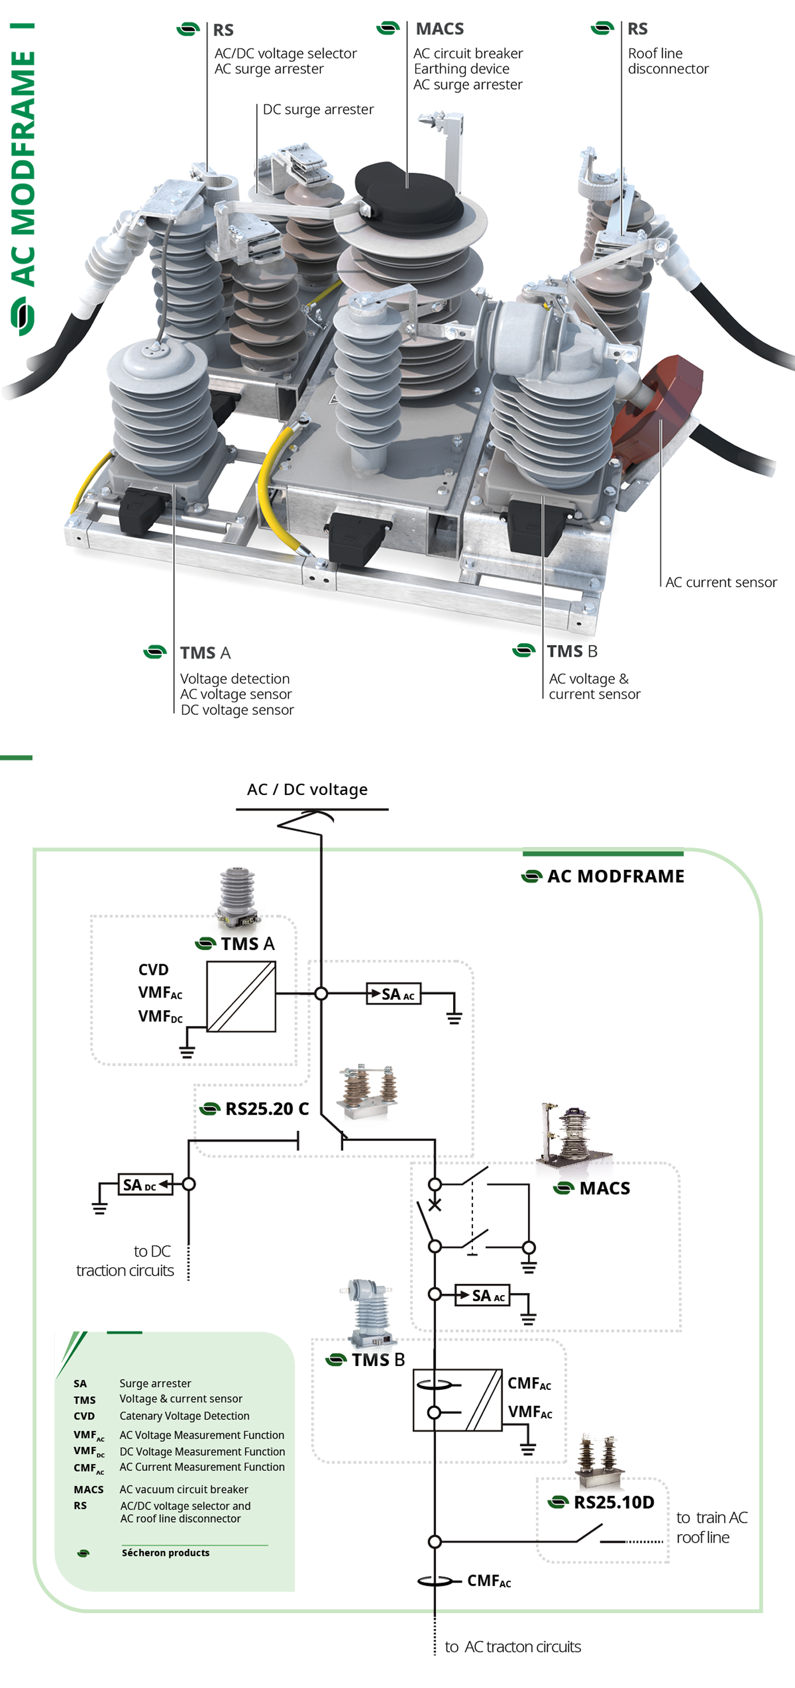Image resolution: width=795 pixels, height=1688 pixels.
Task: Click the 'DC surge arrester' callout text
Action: (318, 110)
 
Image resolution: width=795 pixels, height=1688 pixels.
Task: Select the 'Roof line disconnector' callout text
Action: (667, 61)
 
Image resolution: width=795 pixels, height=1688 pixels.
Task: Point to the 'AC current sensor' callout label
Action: (720, 583)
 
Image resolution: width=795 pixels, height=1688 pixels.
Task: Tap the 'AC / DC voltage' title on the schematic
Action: (307, 790)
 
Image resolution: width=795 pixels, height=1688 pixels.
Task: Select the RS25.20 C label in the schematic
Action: (266, 1109)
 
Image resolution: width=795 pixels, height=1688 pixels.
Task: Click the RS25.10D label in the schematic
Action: (613, 1502)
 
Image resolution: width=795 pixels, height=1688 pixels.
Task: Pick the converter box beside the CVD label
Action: (241, 996)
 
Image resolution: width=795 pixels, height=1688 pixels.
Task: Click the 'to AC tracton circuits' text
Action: (513, 1647)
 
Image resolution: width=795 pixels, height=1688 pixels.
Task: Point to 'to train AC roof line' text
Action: (711, 1527)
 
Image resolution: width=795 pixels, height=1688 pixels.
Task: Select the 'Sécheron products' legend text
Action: (165, 1553)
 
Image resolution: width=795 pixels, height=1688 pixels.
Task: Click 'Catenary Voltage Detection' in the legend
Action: (184, 1416)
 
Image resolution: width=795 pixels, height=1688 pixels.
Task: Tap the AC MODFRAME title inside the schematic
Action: (615, 877)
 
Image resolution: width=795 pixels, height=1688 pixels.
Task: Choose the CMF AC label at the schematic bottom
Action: (488, 1581)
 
